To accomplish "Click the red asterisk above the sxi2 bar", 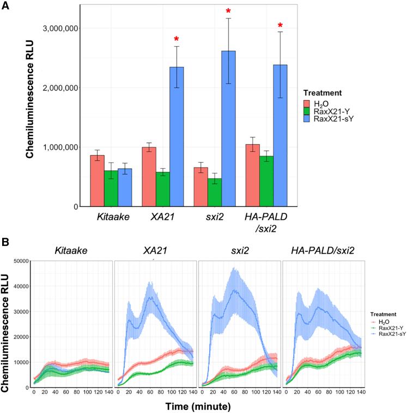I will click(228, 11).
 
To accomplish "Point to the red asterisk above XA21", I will click(177, 40).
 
